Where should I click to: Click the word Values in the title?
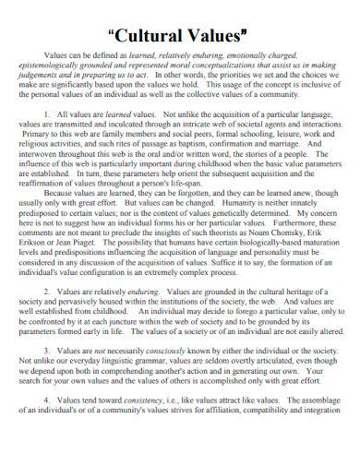[222, 37]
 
